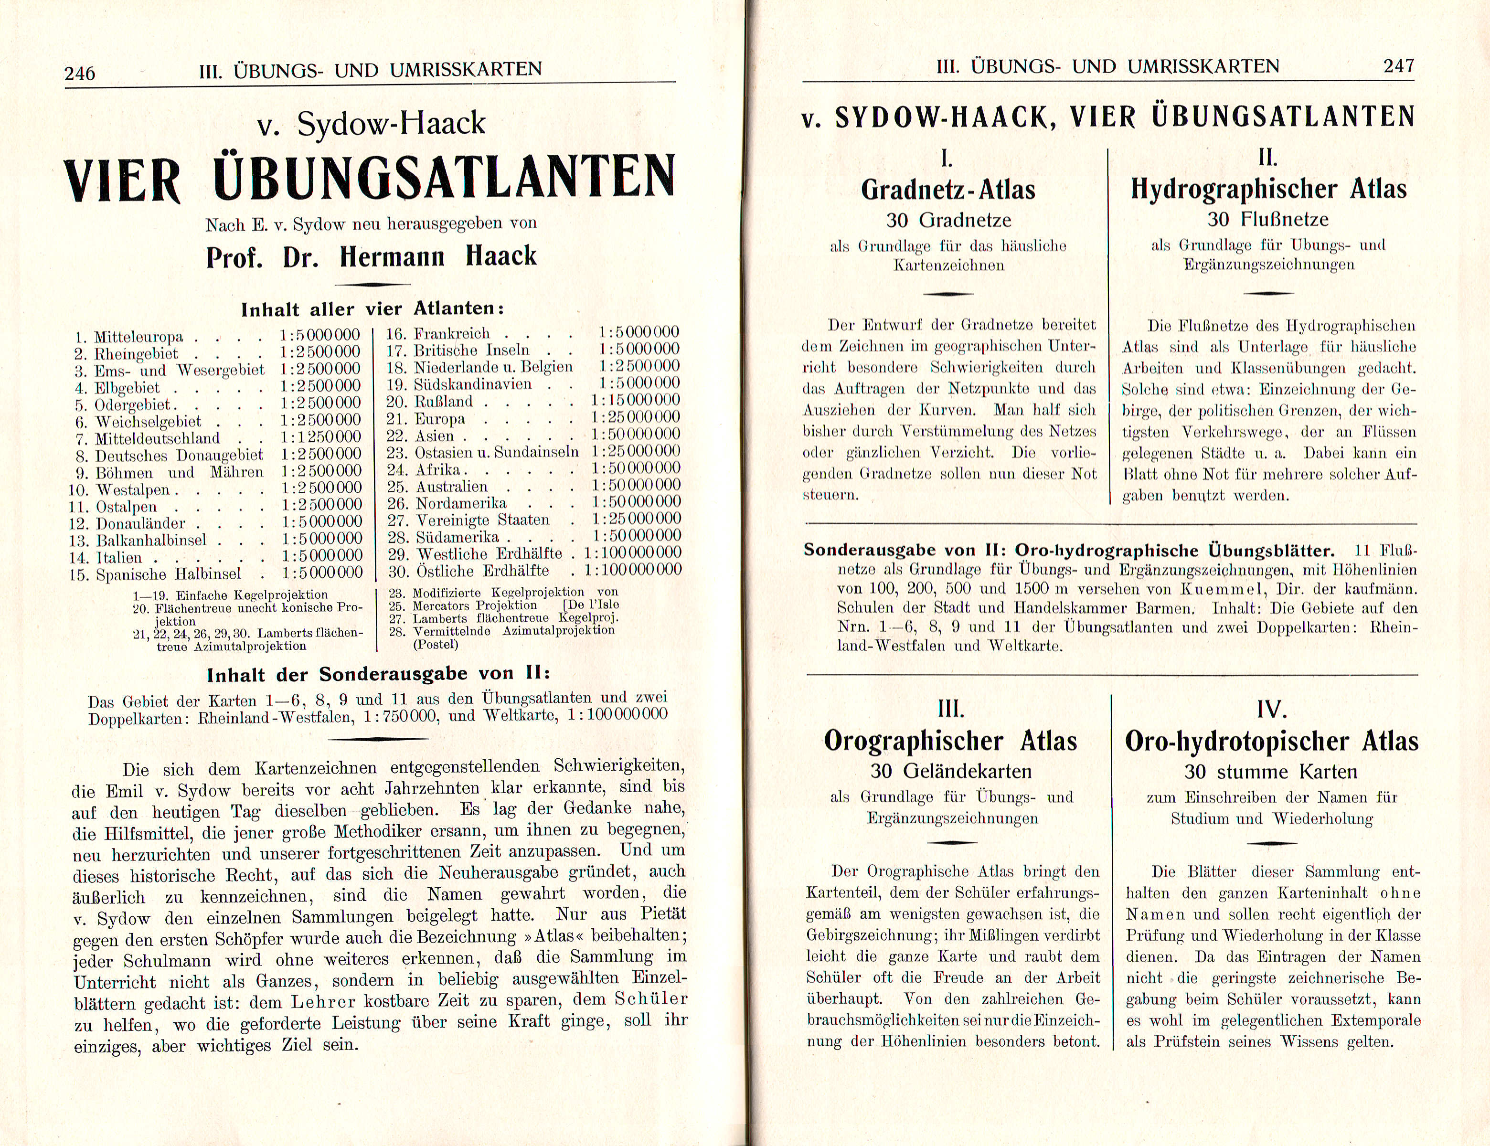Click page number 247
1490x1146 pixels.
(x=1399, y=66)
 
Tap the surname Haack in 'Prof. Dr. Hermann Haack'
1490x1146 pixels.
(x=501, y=256)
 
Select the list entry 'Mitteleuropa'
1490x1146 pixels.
(x=138, y=337)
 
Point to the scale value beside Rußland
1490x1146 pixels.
(x=636, y=401)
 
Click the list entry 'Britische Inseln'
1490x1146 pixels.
(x=471, y=350)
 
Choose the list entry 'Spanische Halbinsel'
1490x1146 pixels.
(x=168, y=573)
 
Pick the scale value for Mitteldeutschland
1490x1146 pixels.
(x=320, y=437)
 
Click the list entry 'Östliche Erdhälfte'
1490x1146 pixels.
(x=482, y=570)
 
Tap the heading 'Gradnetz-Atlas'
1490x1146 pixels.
(x=948, y=190)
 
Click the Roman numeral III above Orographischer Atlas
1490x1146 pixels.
(x=950, y=710)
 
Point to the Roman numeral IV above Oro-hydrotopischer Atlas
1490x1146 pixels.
(x=1271, y=710)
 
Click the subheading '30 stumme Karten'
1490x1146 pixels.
(x=1271, y=772)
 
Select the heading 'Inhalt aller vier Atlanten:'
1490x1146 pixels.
(x=372, y=309)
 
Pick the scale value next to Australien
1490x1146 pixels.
(x=636, y=486)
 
